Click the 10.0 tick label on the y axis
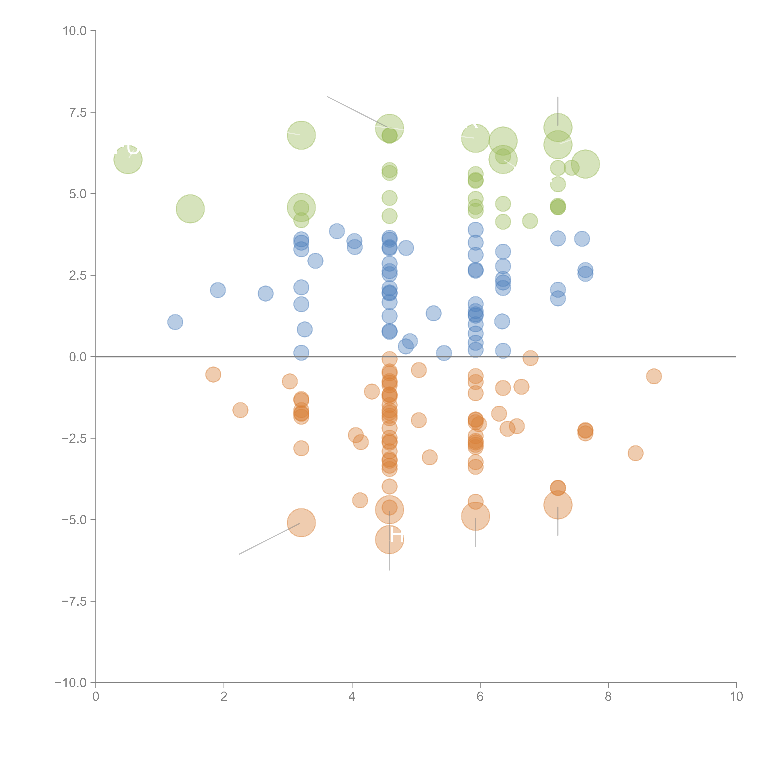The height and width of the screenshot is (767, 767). coord(75,31)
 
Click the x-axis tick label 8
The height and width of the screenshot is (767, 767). coord(608,697)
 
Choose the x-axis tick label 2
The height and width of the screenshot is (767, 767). coord(224,697)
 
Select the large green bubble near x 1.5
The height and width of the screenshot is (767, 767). coord(190,209)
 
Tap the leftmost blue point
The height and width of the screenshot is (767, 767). coord(175,322)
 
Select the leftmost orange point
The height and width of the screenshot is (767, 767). coord(213,374)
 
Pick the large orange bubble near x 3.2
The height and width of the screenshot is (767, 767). coord(301,522)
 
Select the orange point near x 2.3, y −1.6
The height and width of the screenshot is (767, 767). coord(240,410)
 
